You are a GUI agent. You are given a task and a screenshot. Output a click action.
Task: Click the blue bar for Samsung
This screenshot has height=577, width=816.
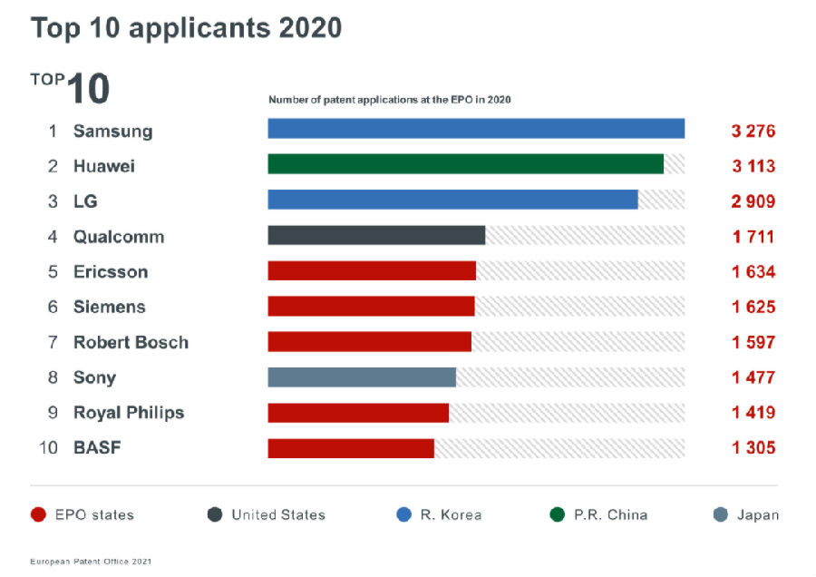476,129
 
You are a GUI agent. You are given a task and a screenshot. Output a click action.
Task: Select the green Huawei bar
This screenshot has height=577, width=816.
465,164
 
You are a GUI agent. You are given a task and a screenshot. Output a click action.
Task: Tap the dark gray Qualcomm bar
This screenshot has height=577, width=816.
376,235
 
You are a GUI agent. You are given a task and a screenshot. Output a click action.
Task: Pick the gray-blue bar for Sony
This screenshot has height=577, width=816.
362,377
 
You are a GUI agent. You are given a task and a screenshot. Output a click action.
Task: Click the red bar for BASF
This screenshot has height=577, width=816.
351,447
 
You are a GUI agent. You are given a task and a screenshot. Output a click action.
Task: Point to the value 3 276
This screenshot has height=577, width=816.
753,131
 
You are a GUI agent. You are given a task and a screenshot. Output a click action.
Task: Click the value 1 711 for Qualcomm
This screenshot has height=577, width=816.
753,237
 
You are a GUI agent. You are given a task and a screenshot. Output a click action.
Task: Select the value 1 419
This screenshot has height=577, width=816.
753,413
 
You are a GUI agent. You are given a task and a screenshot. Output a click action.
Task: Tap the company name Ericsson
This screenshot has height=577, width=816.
111,272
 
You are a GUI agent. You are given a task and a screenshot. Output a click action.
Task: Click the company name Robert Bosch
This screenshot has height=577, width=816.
131,342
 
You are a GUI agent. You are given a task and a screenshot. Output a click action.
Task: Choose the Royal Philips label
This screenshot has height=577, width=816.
129,413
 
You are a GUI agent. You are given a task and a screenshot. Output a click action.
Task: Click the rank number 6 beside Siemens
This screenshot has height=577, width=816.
53,308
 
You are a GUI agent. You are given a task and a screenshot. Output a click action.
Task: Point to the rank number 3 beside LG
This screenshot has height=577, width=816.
53,201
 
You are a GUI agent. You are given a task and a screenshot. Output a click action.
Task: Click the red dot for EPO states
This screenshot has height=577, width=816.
37,515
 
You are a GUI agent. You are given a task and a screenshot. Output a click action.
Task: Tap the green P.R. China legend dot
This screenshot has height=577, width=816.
558,515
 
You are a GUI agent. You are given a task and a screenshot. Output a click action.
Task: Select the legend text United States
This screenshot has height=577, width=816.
277,515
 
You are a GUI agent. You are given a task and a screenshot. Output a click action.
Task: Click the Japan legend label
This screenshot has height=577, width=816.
757,515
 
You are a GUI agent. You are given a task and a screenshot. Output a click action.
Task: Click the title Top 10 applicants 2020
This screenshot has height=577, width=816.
186,27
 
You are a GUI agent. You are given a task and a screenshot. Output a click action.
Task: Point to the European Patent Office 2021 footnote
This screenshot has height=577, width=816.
91,562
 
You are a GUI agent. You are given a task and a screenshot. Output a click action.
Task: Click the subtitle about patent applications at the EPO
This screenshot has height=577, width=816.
390,100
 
